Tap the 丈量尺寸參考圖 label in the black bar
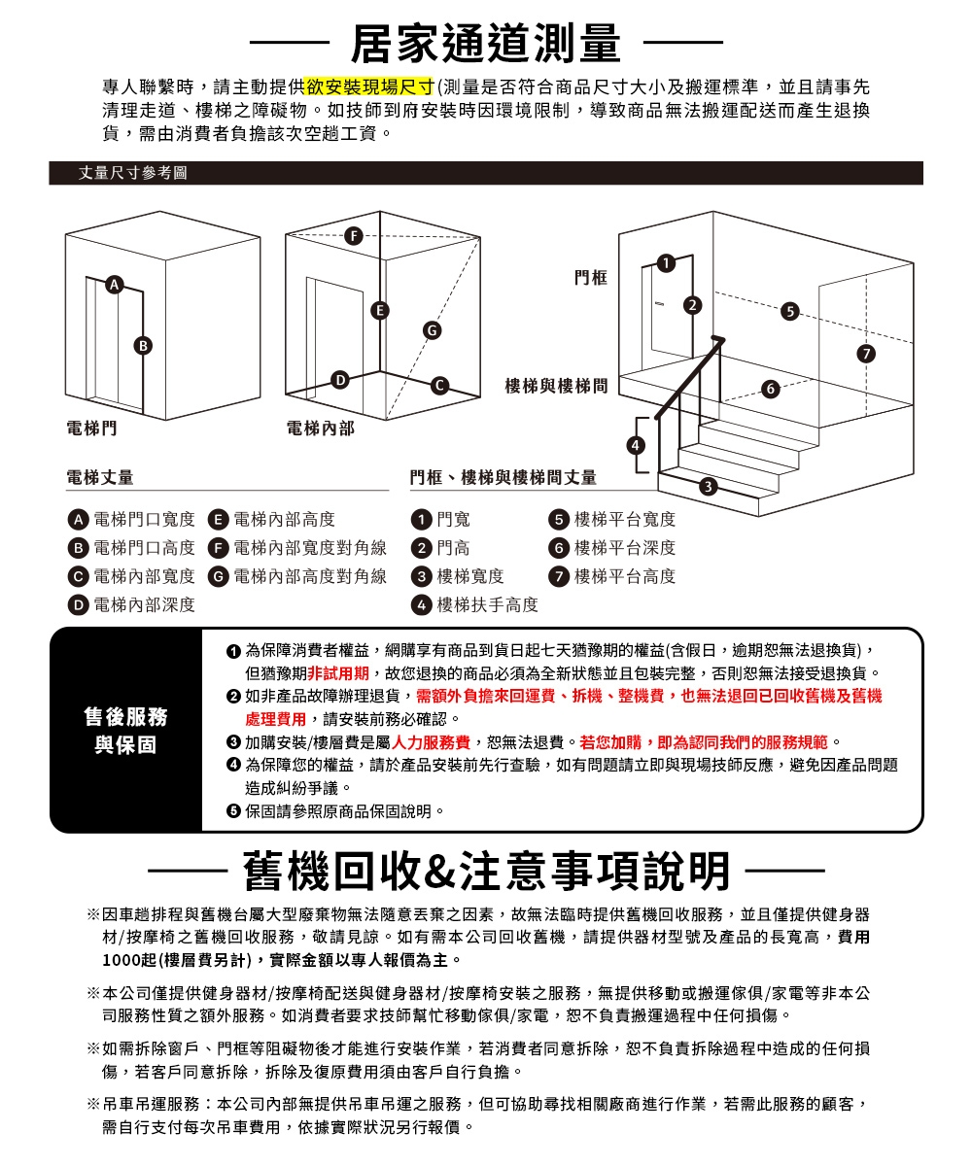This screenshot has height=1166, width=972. coord(132,173)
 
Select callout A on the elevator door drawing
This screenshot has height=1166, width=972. coord(116,285)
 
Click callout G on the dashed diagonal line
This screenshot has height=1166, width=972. coord(429,331)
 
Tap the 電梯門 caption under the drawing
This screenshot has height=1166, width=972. coord(87,428)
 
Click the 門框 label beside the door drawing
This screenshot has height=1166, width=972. coord(591,279)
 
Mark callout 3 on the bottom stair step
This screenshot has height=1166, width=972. coord(710,485)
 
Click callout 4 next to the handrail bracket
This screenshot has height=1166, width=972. coord(636,445)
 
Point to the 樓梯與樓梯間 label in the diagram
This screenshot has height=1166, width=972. coord(556,387)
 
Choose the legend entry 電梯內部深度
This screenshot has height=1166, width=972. coord(143,604)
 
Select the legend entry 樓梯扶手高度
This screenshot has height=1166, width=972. coord(487,604)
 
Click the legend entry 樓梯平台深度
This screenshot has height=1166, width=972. coord(624,548)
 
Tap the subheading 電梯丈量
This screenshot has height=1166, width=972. coord(100,477)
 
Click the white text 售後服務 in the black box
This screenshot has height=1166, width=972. coord(125,716)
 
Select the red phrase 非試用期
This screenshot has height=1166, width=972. coord(336,672)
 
